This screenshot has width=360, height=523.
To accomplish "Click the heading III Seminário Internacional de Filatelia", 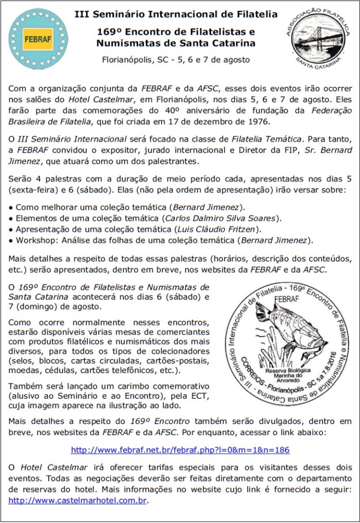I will tap(177, 13).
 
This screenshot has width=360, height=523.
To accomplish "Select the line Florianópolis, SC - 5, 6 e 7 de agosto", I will tap(177, 60).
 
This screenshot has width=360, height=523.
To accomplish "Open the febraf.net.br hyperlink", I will tap(180, 450).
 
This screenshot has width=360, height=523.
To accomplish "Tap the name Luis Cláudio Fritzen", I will tap(218, 228).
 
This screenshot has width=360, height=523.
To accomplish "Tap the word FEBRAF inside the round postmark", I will tap(287, 299).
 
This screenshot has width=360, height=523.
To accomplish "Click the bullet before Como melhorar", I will tap(11, 208).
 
